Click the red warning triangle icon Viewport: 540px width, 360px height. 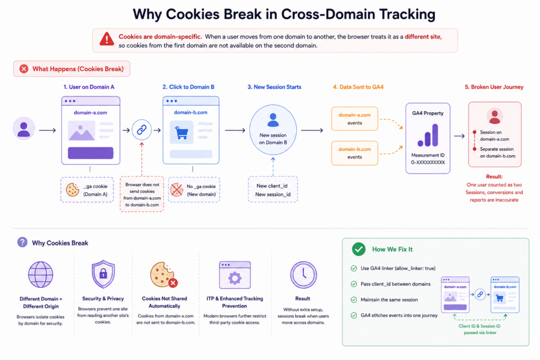coord(107,39)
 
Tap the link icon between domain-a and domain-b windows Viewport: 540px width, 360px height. coord(141,130)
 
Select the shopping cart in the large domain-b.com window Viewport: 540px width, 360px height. coord(181,132)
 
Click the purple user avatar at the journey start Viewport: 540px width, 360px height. coord(24,129)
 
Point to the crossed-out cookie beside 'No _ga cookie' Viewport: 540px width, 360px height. coord(177,190)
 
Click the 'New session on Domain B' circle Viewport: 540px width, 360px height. coord(273,130)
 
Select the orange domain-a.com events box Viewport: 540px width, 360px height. coord(354,119)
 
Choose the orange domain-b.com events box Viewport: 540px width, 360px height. coord(354,153)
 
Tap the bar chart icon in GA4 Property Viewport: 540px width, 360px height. coord(428,135)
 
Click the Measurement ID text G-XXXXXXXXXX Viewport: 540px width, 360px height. coord(428,162)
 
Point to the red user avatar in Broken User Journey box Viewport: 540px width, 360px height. coord(495,116)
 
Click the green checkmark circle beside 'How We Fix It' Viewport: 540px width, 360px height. coord(359,249)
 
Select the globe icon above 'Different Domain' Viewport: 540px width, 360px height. coord(41,275)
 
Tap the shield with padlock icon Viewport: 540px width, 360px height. coord(103,274)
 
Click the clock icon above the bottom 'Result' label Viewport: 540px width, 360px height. coord(303,275)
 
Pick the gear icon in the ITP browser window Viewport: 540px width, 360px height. coord(235,278)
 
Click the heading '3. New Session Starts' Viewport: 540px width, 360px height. coord(274,87)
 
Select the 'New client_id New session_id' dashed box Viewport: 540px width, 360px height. coord(273,189)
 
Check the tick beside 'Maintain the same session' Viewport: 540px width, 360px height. coord(354,300)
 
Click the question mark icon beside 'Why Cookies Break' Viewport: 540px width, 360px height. coord(22,242)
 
